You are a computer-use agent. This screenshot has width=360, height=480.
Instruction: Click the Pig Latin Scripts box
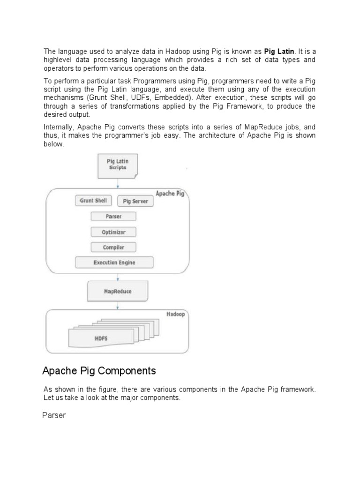(117, 165)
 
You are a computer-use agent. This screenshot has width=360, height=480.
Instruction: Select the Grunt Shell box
(93, 201)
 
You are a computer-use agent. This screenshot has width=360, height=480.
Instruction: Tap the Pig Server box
(135, 201)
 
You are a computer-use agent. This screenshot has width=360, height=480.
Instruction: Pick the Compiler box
(113, 247)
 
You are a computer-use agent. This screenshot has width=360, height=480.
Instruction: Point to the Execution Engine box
(114, 262)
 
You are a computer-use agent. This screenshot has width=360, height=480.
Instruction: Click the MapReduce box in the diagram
(117, 291)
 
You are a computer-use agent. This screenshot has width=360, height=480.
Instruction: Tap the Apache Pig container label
(170, 194)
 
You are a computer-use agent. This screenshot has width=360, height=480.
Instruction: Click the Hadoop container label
(175, 314)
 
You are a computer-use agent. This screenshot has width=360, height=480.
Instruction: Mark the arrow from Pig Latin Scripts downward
(117, 183)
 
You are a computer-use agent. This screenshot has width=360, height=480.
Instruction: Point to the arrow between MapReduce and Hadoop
(117, 305)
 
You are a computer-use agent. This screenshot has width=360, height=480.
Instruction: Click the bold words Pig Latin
(280, 51)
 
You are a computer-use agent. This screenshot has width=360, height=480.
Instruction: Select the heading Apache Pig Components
(99, 371)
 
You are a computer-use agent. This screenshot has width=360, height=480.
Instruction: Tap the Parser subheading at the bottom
(54, 415)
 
